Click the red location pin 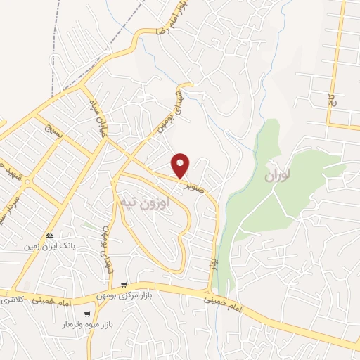(181, 165)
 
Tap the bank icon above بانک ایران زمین (49, 235)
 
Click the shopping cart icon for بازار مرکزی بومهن (124, 285)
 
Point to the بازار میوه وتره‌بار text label (84, 326)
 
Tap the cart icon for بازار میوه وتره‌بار (86, 314)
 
